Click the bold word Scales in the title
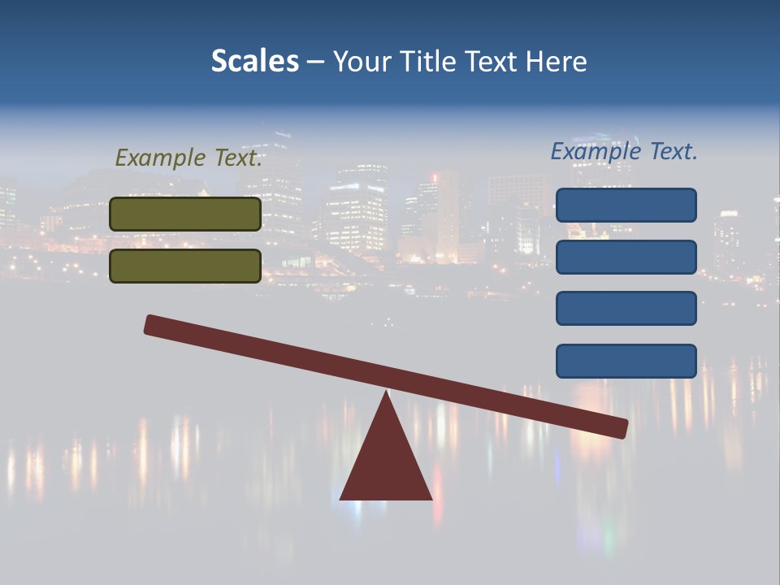(x=254, y=61)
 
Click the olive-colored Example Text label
(x=188, y=158)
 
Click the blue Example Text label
(x=624, y=151)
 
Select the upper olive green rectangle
(x=185, y=214)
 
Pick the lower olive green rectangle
(x=185, y=266)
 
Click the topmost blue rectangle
(x=626, y=205)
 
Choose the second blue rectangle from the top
(x=626, y=257)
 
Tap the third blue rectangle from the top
(x=626, y=308)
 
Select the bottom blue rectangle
(x=626, y=361)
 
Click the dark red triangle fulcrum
(x=386, y=463)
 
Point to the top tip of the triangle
(x=386, y=392)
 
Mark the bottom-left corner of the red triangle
(x=341, y=498)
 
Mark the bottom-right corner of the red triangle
(x=431, y=498)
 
